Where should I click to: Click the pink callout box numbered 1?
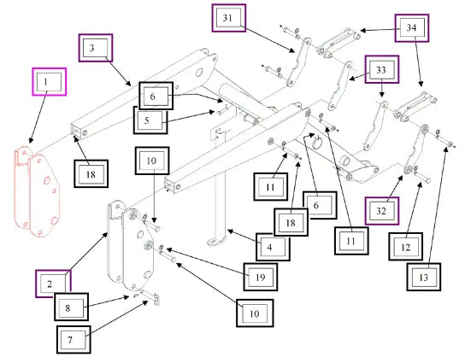point(50,82)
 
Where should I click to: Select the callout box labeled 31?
point(229,18)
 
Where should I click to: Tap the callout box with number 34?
point(411,28)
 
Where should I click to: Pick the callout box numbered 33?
point(382,69)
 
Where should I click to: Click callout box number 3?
point(96,48)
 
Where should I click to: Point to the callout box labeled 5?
point(150,120)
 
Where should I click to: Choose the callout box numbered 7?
point(74,340)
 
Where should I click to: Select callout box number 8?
point(71,307)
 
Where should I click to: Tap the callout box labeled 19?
point(261,277)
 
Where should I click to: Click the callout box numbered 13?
point(424,277)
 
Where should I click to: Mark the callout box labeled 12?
point(406,246)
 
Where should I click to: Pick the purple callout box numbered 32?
point(382,211)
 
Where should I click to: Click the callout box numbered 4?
point(273,247)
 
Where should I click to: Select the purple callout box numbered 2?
point(53,284)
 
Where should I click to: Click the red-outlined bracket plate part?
point(38,191)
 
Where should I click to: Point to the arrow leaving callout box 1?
point(38,119)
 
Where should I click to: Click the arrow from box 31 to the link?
point(268,39)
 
